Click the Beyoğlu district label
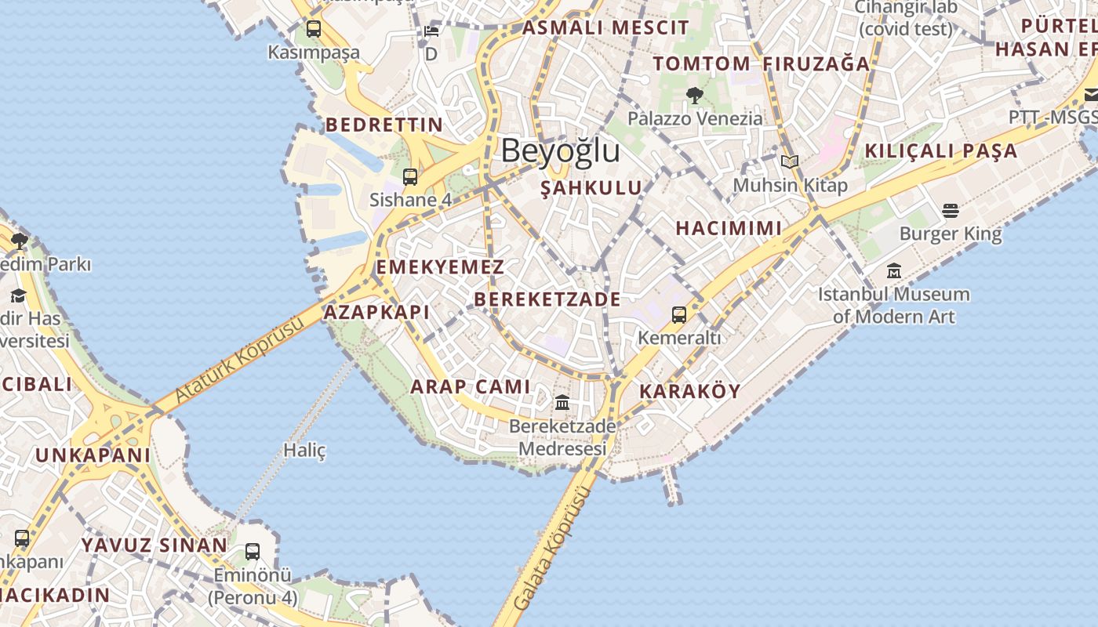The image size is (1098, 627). point(560,150)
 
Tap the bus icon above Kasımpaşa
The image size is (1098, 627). point(314,29)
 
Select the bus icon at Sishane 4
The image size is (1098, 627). point(410,177)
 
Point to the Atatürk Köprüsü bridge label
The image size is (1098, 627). point(238,360)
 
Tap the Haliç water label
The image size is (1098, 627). point(304,450)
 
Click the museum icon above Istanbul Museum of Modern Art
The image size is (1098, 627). point(894,271)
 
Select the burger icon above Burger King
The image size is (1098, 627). point(951,210)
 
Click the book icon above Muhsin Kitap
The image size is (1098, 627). point(790,162)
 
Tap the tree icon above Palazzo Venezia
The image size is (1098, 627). point(694,96)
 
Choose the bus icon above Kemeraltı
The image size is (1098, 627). point(679,315)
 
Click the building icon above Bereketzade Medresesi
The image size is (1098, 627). point(562,403)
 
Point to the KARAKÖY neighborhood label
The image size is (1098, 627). point(689,392)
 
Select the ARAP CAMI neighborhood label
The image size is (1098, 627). point(471,386)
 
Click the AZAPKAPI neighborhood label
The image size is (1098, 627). point(376,312)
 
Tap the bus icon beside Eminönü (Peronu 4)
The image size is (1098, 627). point(253,552)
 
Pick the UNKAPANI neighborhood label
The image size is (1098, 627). point(93,455)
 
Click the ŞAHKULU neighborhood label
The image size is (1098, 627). point(592,188)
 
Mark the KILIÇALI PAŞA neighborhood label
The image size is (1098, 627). point(941,150)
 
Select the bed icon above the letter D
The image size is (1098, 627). point(431,31)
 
